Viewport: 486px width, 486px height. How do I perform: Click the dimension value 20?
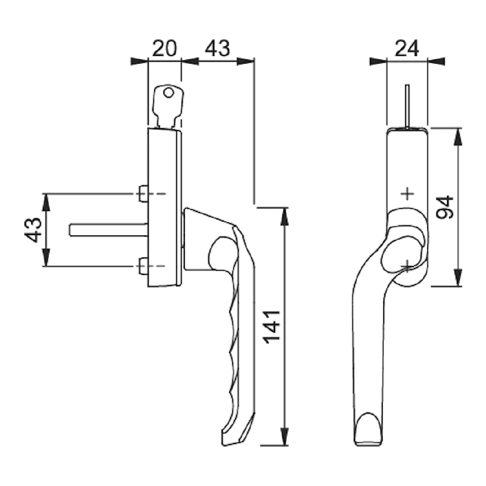tap(164, 49)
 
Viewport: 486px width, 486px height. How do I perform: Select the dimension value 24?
tap(407, 49)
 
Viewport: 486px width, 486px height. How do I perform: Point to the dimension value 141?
tap(273, 325)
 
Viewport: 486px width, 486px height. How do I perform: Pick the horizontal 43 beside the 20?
tap(217, 49)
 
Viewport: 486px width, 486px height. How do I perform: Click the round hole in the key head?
tap(168, 92)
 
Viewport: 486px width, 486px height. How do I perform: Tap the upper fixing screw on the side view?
tap(143, 193)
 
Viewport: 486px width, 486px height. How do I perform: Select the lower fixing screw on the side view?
tap(143, 266)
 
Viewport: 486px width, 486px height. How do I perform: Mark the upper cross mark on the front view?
tap(407, 194)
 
